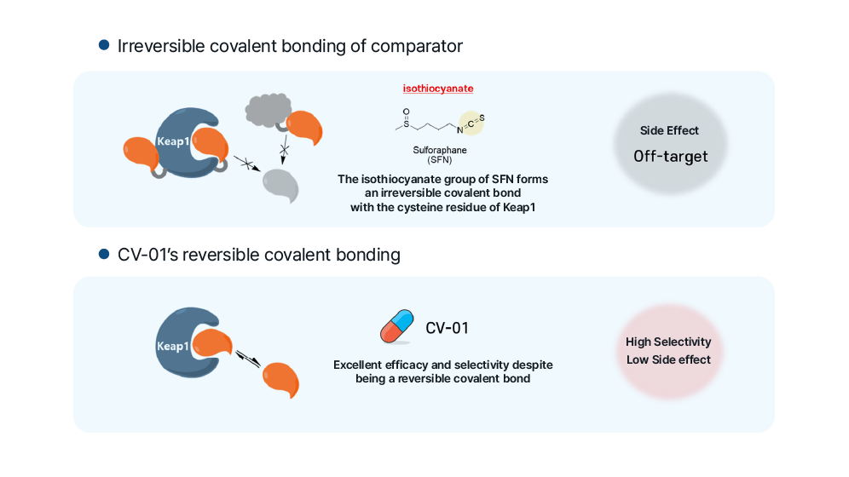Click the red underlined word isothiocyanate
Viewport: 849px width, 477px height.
[x=438, y=89]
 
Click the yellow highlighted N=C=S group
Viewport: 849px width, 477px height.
[x=471, y=123]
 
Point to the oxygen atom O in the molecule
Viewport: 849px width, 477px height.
[x=406, y=111]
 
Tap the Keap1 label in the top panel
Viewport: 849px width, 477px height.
[x=173, y=141]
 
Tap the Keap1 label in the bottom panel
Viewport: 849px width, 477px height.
[x=172, y=347]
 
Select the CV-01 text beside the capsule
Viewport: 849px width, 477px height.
[x=447, y=328]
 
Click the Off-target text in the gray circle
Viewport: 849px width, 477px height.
[x=670, y=157]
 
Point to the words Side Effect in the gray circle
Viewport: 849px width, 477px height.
[x=669, y=130]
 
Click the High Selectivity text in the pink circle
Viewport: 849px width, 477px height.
[x=668, y=342]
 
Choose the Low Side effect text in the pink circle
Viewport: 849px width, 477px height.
[x=668, y=359]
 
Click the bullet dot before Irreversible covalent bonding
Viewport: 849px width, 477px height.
[x=104, y=44]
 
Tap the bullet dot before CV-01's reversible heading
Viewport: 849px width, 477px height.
[x=104, y=254]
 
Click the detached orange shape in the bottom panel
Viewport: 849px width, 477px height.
[x=281, y=379]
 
